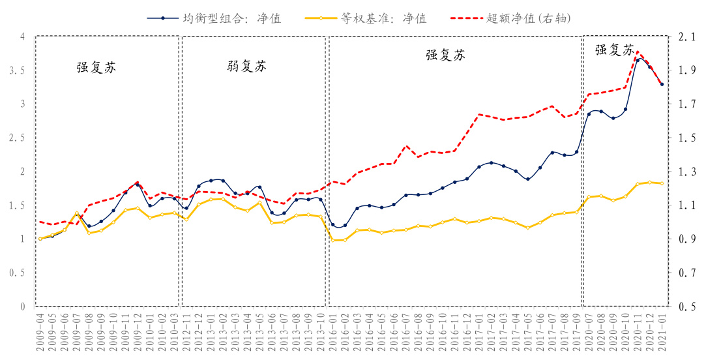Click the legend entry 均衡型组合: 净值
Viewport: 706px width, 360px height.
click(231, 18)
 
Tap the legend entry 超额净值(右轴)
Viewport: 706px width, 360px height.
click(529, 18)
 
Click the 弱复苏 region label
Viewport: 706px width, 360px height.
click(246, 67)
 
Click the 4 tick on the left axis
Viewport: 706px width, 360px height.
click(22, 37)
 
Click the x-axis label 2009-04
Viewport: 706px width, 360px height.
click(40, 331)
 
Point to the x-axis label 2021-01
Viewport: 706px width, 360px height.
click(662, 331)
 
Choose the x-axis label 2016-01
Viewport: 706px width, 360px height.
click(333, 331)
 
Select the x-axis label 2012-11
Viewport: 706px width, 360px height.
click(187, 331)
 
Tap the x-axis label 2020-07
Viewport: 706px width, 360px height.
click(589, 331)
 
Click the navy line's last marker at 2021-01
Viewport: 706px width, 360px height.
click(662, 84)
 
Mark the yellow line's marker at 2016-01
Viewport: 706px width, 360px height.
click(333, 240)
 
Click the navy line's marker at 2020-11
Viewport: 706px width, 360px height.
click(638, 60)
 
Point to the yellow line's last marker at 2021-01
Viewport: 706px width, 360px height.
click(662, 183)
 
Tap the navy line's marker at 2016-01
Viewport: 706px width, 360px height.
click(333, 225)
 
